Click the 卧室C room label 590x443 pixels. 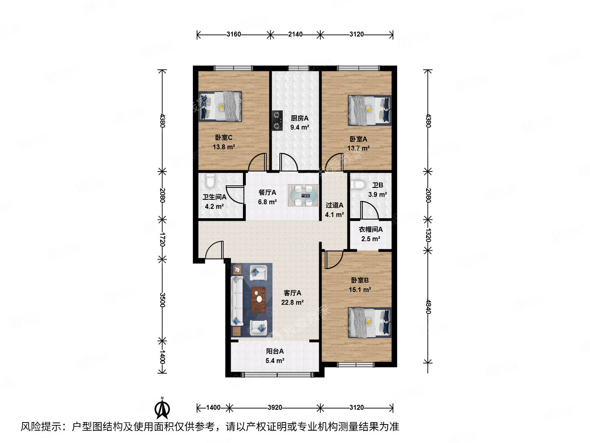[224, 138]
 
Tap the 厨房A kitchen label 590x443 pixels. [300, 118]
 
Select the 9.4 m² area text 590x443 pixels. [300, 128]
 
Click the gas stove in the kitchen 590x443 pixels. [277, 121]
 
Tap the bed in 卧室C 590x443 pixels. [220, 106]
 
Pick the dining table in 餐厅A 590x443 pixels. [303, 196]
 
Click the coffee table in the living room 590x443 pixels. [258, 300]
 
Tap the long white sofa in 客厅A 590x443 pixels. [237, 300]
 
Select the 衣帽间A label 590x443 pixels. [370, 230]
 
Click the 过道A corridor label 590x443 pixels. [334, 205]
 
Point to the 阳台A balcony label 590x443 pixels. [275, 352]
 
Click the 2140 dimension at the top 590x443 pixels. [295, 34]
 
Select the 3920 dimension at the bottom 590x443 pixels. [275, 408]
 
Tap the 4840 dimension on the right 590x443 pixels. [428, 307]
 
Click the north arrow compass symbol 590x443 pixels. [162, 408]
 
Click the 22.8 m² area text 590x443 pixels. [292, 303]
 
